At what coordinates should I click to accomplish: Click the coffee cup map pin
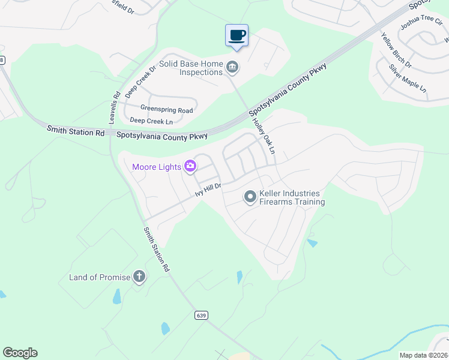coord(237,35)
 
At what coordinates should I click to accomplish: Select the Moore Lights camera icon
coord(191,166)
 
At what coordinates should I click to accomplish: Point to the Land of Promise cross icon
coord(139,277)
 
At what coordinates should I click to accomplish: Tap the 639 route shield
coord(200,315)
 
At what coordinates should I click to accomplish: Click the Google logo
coord(20,353)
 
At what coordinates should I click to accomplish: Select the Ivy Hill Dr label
coord(208,191)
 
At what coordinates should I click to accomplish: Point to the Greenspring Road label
coord(166,110)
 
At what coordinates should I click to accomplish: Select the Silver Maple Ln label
coord(407,78)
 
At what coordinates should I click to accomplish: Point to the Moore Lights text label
coord(157,166)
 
